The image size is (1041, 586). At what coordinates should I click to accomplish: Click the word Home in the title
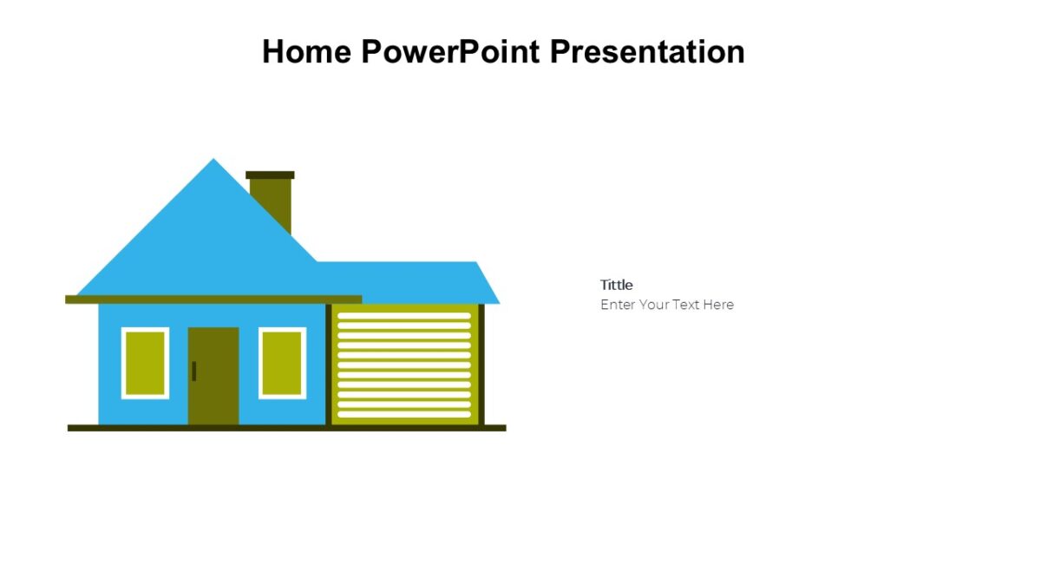(307, 52)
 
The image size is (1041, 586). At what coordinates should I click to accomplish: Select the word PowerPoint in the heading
(451, 52)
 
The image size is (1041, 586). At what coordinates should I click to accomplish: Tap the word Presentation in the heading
(647, 52)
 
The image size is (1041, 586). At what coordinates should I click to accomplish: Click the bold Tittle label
(616, 285)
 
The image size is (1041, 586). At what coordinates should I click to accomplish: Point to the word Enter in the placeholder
(618, 305)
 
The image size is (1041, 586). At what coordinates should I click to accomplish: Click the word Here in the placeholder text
(718, 305)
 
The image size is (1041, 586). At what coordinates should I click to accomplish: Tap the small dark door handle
(193, 371)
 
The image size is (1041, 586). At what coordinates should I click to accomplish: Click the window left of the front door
(145, 363)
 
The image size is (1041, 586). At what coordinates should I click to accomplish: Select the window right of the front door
(282, 363)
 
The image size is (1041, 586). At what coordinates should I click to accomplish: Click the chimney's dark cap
(270, 175)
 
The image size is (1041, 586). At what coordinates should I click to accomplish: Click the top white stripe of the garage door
(403, 316)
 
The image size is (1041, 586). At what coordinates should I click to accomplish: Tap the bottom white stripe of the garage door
(403, 414)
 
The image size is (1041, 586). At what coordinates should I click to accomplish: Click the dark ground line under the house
(286, 428)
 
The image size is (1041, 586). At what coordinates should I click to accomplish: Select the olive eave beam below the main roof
(213, 300)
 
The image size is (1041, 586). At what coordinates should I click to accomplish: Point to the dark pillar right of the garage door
(481, 365)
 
